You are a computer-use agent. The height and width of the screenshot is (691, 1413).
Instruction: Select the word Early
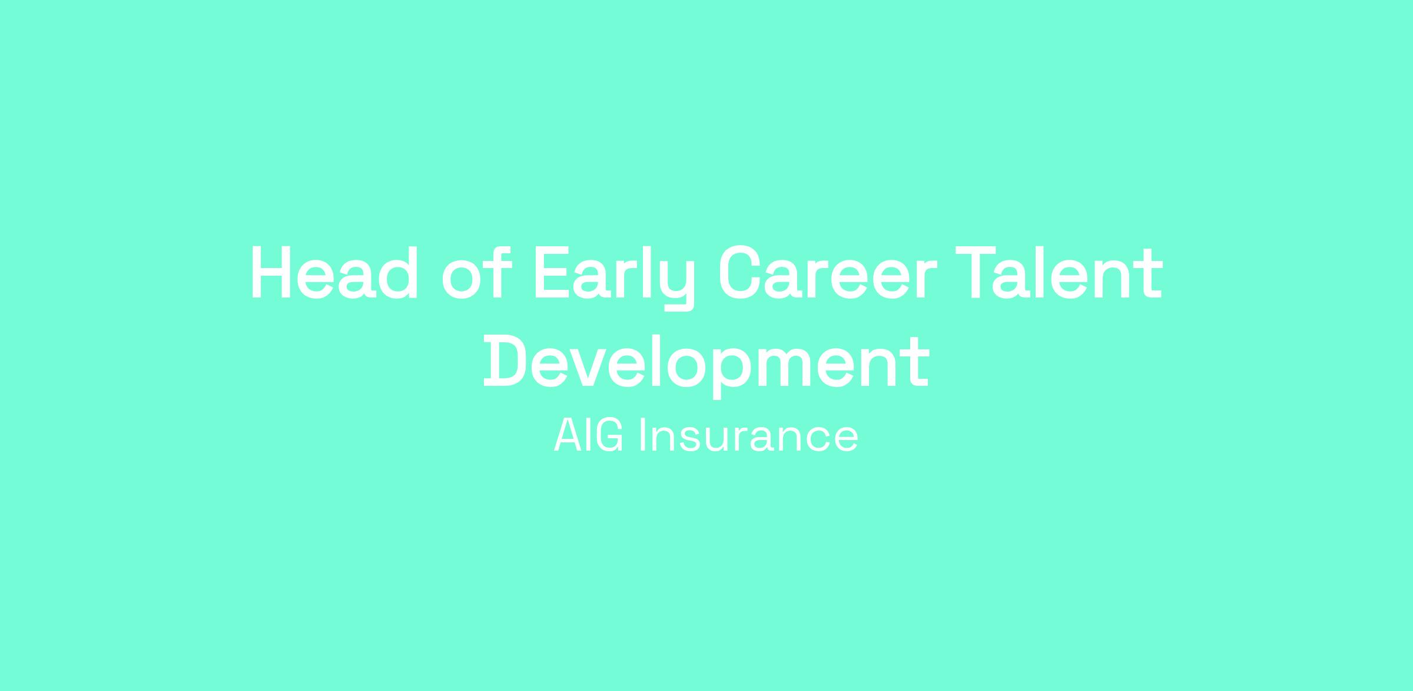[x=614, y=277]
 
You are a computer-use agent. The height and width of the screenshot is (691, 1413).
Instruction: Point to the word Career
[x=828, y=273]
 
